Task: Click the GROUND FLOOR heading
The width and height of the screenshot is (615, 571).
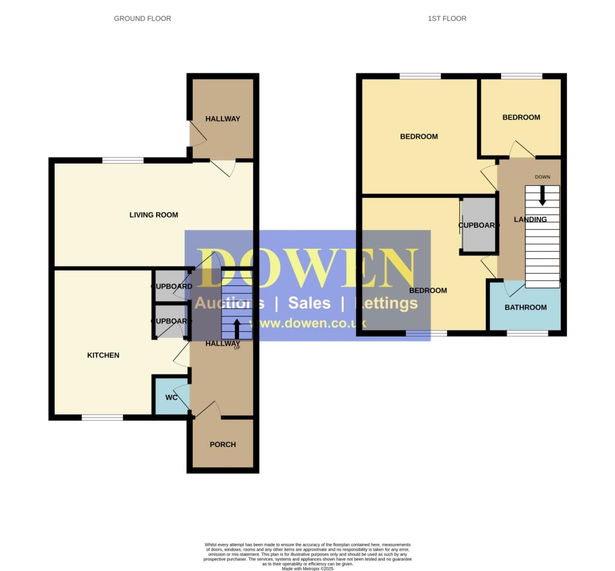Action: [142, 19]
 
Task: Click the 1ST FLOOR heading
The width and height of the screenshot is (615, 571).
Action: [447, 19]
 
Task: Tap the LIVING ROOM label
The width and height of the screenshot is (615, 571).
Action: [154, 215]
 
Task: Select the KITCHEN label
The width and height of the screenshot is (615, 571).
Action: [103, 355]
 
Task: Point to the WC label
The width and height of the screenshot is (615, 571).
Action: [171, 397]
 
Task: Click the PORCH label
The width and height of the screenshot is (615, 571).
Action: [223, 445]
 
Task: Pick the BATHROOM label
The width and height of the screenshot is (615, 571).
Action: [526, 307]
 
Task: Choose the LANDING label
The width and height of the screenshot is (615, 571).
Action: [530, 219]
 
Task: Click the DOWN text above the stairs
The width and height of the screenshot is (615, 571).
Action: [542, 177]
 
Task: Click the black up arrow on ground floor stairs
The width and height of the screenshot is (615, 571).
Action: [237, 328]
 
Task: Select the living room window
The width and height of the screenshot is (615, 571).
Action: [123, 160]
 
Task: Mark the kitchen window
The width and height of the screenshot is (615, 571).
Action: [102, 418]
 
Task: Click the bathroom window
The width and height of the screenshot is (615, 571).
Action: [527, 333]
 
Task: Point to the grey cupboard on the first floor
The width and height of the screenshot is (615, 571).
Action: [479, 234]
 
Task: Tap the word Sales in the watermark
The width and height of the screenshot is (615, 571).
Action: [309, 302]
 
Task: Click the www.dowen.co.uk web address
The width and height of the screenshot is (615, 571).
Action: [307, 323]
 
